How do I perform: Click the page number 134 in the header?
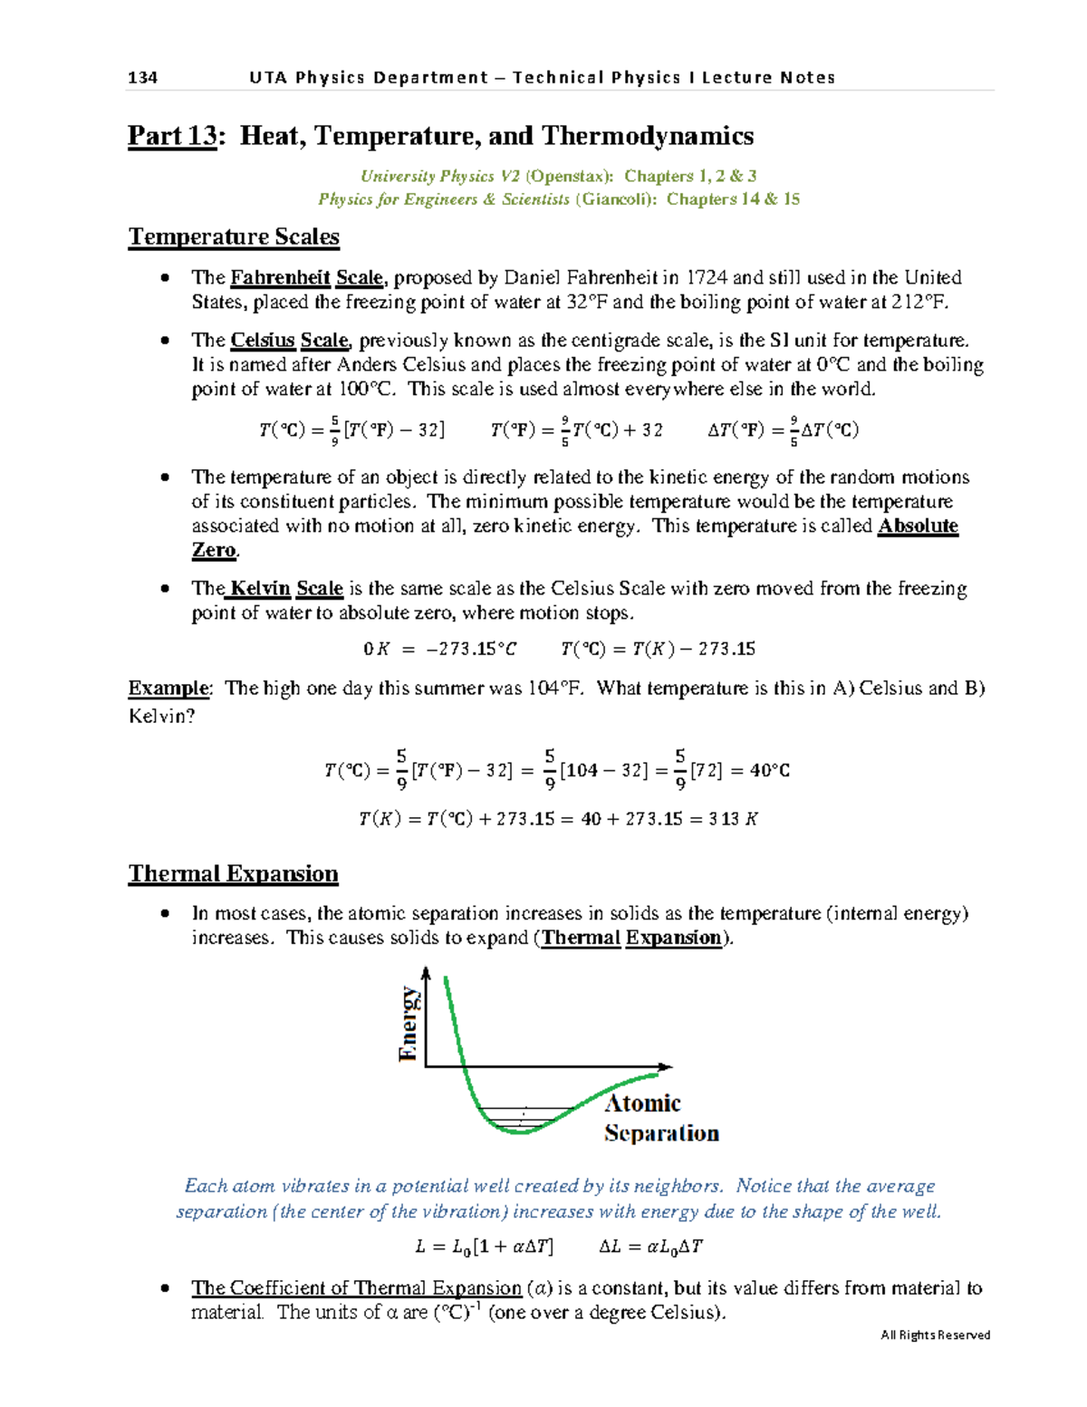coord(142,78)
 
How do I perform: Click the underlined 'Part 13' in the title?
coord(172,136)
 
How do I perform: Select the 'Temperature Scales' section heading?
coord(234,236)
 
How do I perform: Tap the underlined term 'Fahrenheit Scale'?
coord(306,277)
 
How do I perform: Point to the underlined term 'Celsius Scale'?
coord(289,341)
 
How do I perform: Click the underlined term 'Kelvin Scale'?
coord(286,589)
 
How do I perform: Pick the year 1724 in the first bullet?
coord(707,277)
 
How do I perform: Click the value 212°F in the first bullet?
coord(919,302)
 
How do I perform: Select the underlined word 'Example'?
coord(168,689)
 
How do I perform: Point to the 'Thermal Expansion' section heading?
coord(234,873)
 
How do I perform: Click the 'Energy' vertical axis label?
coord(409,1024)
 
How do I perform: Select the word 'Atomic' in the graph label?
coord(642,1103)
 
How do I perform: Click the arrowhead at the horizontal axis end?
coord(666,1067)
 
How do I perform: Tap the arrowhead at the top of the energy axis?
coord(426,972)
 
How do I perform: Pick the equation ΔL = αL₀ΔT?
coord(650,1247)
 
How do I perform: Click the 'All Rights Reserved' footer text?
coord(935,1335)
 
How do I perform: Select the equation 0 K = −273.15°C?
coord(440,649)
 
